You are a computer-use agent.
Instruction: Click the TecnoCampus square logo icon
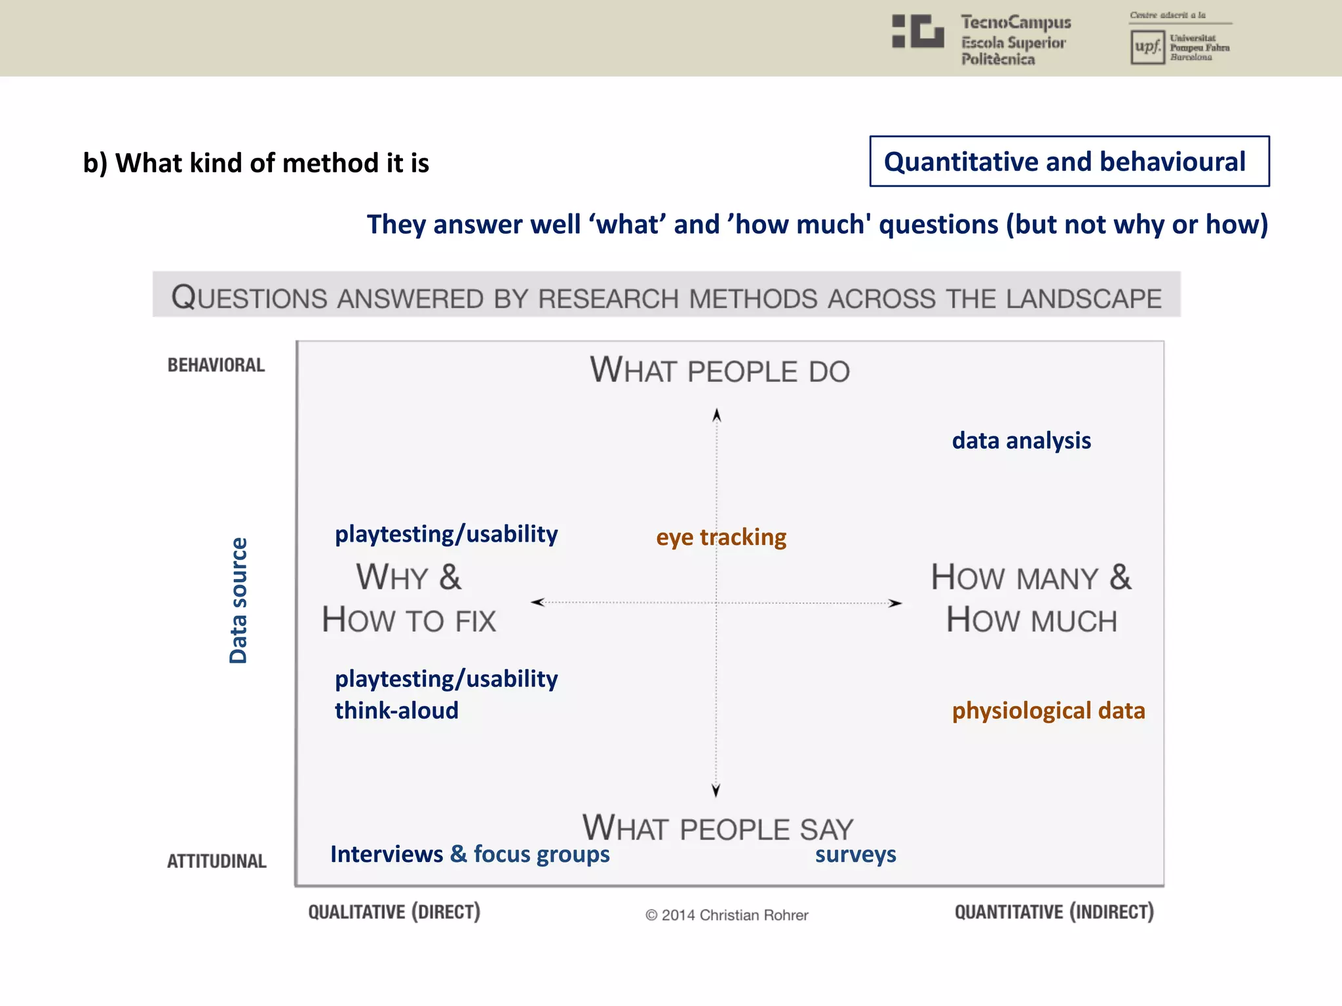point(918,31)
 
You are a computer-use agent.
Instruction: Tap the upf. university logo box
point(1147,47)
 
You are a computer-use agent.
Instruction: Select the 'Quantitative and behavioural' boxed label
point(1069,162)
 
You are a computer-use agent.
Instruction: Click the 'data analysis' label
point(1021,441)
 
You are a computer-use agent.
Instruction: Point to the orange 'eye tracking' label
point(721,537)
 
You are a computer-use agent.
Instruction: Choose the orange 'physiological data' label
point(1048,711)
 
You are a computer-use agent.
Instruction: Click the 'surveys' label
point(855,855)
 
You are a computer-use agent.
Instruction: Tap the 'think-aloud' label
point(396,711)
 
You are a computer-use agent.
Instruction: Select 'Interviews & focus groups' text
point(470,854)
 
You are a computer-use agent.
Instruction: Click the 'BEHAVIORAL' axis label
point(216,365)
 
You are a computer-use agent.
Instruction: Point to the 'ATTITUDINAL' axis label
point(217,861)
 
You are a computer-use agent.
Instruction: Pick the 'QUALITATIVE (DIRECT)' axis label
point(394,912)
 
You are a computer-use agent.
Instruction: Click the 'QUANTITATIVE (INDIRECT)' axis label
point(1054,912)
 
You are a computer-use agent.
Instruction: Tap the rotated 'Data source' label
point(239,601)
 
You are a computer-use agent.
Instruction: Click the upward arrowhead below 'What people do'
point(717,415)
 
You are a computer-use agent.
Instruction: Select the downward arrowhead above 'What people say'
point(716,790)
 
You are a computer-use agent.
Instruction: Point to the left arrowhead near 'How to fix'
point(538,602)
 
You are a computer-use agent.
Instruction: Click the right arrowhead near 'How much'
point(895,603)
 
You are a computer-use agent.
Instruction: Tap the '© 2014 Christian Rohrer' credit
point(727,915)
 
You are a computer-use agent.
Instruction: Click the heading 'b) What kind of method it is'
point(256,163)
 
